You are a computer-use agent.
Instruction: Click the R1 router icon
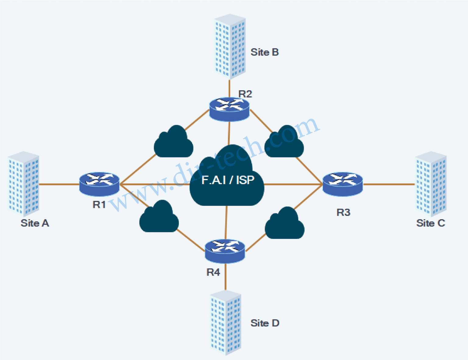tap(99, 184)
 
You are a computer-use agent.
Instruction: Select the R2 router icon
tap(229, 109)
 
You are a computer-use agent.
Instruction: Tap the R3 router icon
tap(342, 184)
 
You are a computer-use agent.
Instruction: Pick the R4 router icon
tap(225, 251)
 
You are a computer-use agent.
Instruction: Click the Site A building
tap(23, 184)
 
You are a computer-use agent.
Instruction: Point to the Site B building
tap(230, 47)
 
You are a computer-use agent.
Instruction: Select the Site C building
tap(431, 184)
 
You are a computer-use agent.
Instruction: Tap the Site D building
tap(225, 323)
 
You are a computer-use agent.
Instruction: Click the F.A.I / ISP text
tap(228, 180)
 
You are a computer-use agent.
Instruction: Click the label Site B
tap(264, 52)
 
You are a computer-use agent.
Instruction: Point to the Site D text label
tap(265, 323)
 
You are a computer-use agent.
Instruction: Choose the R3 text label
tap(343, 212)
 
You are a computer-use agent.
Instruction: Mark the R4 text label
tap(213, 272)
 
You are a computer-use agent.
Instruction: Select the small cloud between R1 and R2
tap(173, 143)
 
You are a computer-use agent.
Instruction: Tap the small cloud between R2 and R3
tap(284, 143)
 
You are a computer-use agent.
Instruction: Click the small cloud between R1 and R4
tap(159, 217)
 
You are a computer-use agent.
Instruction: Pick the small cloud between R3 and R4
tap(285, 224)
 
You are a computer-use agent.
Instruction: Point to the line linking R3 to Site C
tap(389, 184)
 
